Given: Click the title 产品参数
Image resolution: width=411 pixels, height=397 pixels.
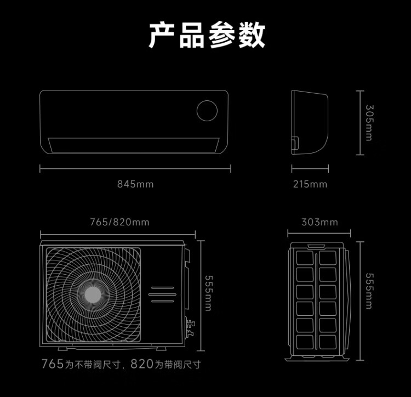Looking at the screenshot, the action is pos(207,36).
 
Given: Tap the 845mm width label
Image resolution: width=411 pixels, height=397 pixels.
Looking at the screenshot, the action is pos(135,184).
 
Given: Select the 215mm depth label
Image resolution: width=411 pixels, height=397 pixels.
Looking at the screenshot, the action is pos(310,184).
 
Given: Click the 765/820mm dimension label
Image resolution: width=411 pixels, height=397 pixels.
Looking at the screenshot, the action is pos(119,222).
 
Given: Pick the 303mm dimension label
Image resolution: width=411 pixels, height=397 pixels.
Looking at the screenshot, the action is pos(319,222).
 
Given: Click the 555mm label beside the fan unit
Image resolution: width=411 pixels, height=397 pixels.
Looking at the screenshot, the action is pos(208,293).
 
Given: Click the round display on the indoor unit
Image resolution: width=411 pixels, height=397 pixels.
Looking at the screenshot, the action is pos(207,110).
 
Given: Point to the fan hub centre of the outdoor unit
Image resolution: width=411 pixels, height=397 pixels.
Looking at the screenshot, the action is pos(92,294).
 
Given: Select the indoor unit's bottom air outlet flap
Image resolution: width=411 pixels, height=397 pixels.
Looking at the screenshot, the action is pos(135,145).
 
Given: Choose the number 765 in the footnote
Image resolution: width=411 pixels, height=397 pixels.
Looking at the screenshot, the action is pos(53,364).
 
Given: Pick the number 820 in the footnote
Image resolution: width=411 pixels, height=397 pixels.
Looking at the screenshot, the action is pos(141,364).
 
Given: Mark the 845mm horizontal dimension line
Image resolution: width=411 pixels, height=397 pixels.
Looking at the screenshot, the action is pos(135,169).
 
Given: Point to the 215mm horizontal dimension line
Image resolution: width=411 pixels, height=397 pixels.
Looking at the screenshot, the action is pos(310,169).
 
